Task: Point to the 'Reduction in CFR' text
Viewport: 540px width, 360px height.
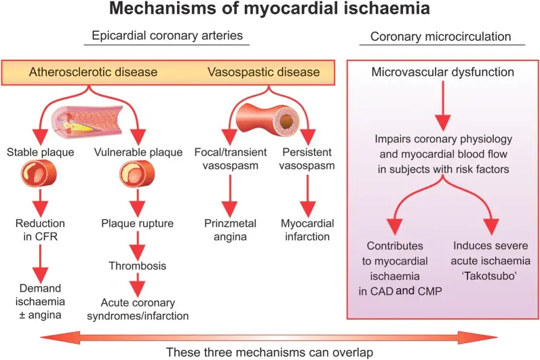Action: [41, 229]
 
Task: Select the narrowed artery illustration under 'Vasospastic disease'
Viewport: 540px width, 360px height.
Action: [263, 112]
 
